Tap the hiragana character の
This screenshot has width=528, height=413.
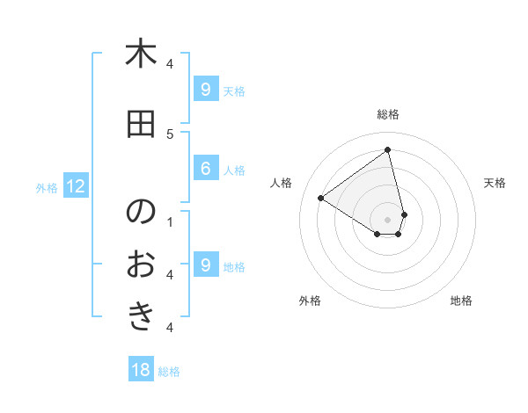click(141, 212)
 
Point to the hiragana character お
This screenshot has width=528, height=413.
click(141, 263)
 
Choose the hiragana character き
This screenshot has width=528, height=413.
click(141, 315)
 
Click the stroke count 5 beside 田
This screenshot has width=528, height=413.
click(170, 134)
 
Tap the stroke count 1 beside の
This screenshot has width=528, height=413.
click(170, 221)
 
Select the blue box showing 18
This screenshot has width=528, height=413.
click(141, 370)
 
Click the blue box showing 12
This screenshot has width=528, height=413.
click(76, 186)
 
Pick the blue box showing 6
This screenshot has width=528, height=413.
click(205, 170)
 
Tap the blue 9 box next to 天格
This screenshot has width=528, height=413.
click(205, 90)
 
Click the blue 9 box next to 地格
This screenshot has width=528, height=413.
click(205, 265)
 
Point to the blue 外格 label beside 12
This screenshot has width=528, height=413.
click(47, 187)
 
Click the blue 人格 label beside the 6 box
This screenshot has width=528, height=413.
click(234, 170)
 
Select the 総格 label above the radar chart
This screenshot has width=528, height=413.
click(388, 114)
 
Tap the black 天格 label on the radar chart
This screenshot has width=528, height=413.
click(495, 183)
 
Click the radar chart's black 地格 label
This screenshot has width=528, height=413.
click(461, 301)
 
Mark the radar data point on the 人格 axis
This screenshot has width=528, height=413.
click(321, 198)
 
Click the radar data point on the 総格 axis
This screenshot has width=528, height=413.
click(388, 149)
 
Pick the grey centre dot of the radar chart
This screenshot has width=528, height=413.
click(388, 219)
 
